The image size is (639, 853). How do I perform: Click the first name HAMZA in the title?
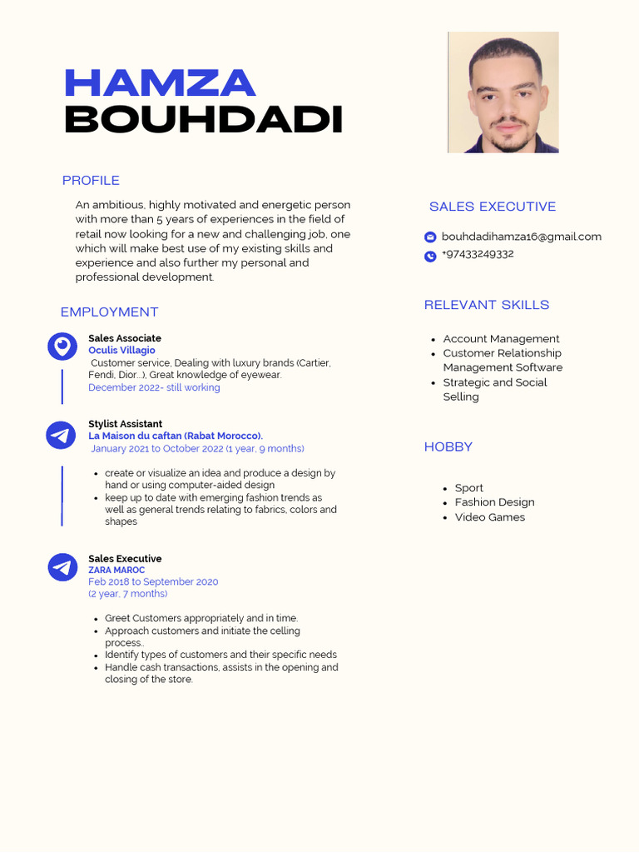(160, 83)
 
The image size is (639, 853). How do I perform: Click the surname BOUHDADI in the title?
(204, 120)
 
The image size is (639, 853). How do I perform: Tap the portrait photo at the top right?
(503, 92)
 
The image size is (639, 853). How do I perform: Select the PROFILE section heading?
(91, 181)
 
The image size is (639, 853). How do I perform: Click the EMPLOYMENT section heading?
(109, 312)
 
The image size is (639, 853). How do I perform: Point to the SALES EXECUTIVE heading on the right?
(493, 207)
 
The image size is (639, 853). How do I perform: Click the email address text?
(521, 237)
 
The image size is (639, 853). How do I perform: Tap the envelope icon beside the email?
(430, 237)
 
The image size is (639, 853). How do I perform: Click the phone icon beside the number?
(430, 257)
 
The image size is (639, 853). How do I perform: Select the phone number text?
(478, 254)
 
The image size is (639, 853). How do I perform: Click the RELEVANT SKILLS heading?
(487, 305)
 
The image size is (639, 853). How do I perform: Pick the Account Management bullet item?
(501, 339)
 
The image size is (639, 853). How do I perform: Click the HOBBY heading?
(448, 447)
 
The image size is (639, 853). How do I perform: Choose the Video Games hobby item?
(490, 517)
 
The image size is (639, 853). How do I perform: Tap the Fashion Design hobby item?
(494, 502)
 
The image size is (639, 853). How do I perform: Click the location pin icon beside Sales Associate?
(62, 346)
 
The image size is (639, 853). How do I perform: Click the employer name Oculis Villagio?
(121, 351)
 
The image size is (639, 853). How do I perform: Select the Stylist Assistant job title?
(126, 424)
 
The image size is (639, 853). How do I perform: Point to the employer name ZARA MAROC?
(116, 571)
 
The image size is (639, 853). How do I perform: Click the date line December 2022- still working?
(154, 387)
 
